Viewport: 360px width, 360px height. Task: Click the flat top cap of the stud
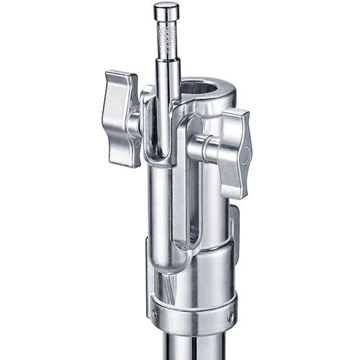coord(166,9)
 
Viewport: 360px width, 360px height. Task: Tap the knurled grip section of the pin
coord(166,42)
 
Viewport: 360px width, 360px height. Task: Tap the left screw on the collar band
coord(154,314)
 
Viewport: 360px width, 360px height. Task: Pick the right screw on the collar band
coord(230,316)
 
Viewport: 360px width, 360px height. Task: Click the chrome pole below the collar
coord(192,346)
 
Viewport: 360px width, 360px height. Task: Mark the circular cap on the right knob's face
coord(246,155)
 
